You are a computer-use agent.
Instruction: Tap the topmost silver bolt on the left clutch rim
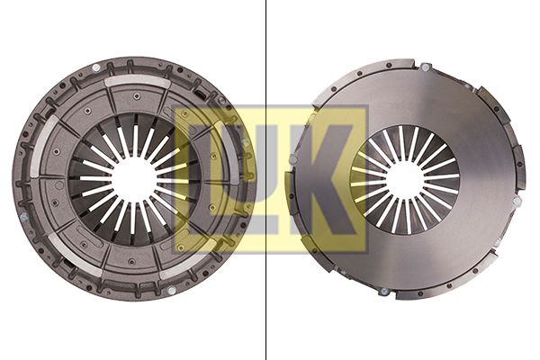click(96, 67)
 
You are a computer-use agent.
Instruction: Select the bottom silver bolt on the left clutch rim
click(171, 291)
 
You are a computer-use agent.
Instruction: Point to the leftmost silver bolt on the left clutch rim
click(23, 218)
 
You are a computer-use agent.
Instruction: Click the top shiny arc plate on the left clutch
click(137, 81)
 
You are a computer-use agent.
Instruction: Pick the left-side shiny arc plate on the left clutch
click(42, 147)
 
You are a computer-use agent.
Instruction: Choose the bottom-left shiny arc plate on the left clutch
click(75, 254)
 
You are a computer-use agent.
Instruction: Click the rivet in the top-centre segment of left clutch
click(137, 95)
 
